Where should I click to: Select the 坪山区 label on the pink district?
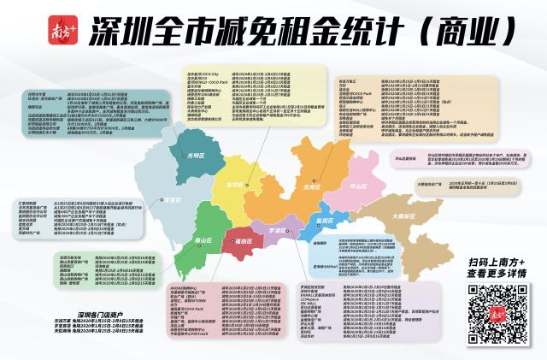coord(357,185)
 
